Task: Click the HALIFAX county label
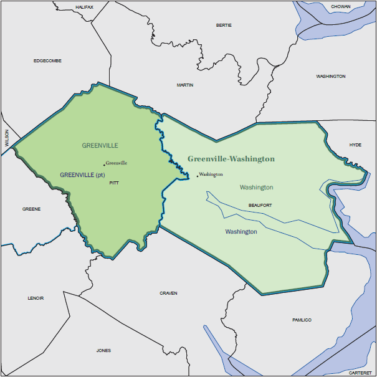(84, 7)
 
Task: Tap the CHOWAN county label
(340, 7)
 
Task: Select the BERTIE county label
(223, 26)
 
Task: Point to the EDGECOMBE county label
(47, 60)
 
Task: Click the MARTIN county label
(185, 85)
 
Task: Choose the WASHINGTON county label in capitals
(330, 76)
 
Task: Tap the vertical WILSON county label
(7, 138)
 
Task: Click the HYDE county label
(355, 145)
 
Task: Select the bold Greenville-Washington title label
(231, 159)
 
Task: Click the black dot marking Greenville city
(104, 165)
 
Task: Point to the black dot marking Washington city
(198, 176)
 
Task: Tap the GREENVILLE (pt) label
(82, 175)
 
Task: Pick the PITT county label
(113, 183)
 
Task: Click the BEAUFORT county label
(260, 205)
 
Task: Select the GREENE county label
(31, 209)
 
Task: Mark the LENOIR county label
(36, 298)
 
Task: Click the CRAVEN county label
(168, 293)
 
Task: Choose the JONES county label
(103, 350)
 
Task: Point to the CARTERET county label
(360, 372)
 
